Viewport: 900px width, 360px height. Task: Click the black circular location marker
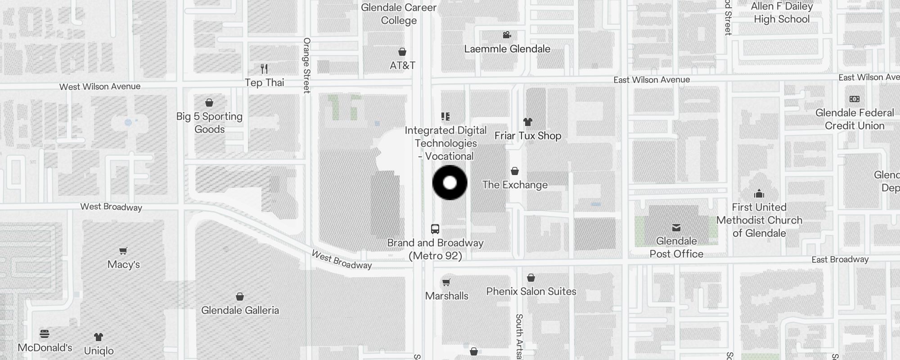pyautogui.click(x=450, y=183)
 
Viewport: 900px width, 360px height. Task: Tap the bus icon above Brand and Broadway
pyautogui.click(x=435, y=229)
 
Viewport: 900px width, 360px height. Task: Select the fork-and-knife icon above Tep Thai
pyautogui.click(x=265, y=69)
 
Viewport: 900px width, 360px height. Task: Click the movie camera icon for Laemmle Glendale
pyautogui.click(x=507, y=35)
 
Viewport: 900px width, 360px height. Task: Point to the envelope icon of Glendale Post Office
pyautogui.click(x=676, y=228)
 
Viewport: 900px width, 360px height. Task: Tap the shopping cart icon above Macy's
pyautogui.click(x=123, y=251)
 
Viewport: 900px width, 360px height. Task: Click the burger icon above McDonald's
pyautogui.click(x=45, y=334)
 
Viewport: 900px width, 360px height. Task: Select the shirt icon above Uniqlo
pyautogui.click(x=99, y=337)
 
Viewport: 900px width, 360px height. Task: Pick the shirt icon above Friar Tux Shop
pyautogui.click(x=528, y=122)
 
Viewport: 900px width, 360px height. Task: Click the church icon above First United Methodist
pyautogui.click(x=759, y=194)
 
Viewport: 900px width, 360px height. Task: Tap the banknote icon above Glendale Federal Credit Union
pyautogui.click(x=854, y=99)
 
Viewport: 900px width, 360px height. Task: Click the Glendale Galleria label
pyautogui.click(x=240, y=310)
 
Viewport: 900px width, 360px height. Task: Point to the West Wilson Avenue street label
pyautogui.click(x=100, y=86)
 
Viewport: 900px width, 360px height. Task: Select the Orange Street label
pyautogui.click(x=307, y=65)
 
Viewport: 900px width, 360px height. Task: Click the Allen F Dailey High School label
pyautogui.click(x=782, y=13)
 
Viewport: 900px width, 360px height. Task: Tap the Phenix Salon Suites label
pyautogui.click(x=531, y=291)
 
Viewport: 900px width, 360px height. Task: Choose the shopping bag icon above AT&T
pyautogui.click(x=402, y=52)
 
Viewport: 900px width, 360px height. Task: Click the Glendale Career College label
pyautogui.click(x=399, y=14)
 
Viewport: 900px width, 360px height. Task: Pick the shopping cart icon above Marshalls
pyautogui.click(x=446, y=283)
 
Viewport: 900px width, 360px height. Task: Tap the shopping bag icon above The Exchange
pyautogui.click(x=515, y=171)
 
